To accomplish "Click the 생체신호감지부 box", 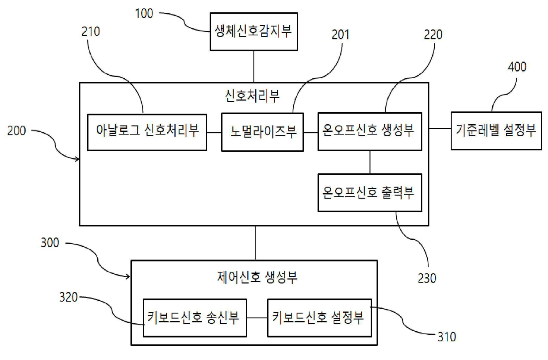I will [253, 31].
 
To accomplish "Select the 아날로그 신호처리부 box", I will [147, 132].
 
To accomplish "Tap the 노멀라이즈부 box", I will [262, 132].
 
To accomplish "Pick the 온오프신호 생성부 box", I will [370, 131].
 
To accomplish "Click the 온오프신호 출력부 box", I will [370, 192].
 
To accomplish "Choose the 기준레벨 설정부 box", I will [496, 130].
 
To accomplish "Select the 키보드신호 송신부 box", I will [195, 318].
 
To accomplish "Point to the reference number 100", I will [144, 14].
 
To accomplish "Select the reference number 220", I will [433, 34].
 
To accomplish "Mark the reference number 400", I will [517, 67].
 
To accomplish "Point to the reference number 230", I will [427, 278].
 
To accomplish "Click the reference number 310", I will [446, 337].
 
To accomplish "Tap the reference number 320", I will [69, 297].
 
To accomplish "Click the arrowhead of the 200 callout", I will [78, 159].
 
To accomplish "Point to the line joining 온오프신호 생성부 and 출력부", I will [370, 162].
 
